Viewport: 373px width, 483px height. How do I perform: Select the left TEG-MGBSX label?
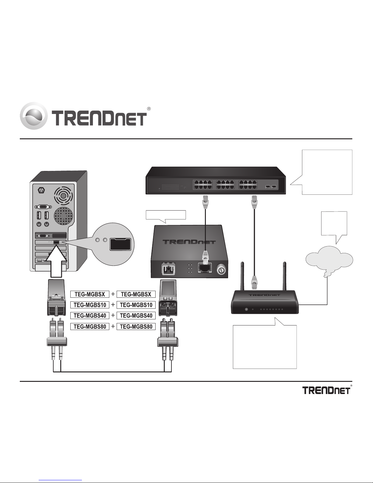(x=90, y=294)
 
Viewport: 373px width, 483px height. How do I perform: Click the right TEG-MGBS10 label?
(x=136, y=305)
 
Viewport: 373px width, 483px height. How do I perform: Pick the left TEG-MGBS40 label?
(x=90, y=316)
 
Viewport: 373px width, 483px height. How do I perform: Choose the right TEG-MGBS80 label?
(x=136, y=327)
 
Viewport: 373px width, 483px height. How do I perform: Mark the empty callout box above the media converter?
(x=166, y=215)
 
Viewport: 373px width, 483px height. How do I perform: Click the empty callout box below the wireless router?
(x=265, y=347)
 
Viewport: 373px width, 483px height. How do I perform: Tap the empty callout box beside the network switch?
(x=327, y=172)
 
